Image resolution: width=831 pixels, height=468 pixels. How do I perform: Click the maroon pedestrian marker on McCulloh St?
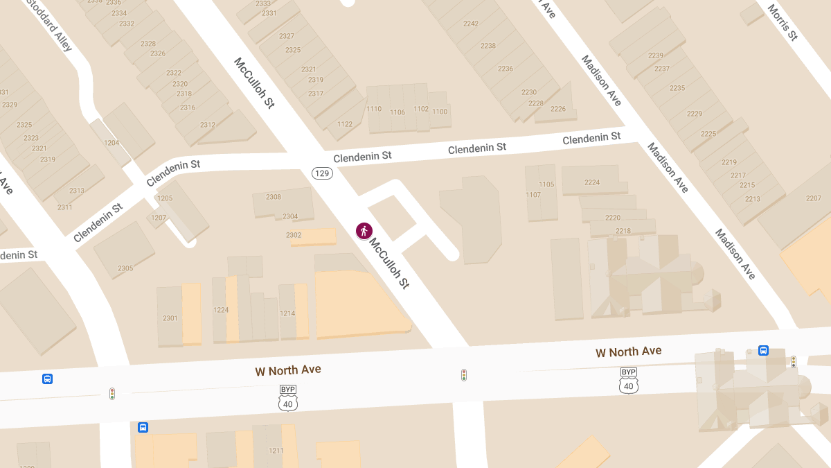[x=364, y=231]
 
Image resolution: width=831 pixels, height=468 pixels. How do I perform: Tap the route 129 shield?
[x=322, y=173]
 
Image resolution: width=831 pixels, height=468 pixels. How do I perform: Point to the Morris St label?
[x=782, y=20]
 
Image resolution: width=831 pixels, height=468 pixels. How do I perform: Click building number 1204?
[x=111, y=143]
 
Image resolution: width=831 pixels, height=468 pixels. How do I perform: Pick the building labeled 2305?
[x=125, y=268]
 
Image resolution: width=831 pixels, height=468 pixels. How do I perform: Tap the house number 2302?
[x=294, y=235]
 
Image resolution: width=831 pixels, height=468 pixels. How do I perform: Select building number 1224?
[x=221, y=310]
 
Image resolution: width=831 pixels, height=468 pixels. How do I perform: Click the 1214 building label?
[x=287, y=313]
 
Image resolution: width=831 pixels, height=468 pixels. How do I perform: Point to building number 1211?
[x=276, y=451]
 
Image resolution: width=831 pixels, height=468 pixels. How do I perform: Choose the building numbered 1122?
[x=345, y=124]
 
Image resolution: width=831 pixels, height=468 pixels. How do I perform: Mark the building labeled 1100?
[x=440, y=112]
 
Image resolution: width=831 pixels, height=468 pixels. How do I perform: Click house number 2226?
[x=558, y=109]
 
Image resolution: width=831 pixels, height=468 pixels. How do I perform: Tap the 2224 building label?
[x=592, y=182]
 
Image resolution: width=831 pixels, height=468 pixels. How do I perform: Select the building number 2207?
[x=813, y=198]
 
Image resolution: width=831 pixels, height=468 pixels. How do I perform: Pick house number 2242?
[x=471, y=24]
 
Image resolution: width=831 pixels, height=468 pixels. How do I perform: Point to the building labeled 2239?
[x=655, y=55]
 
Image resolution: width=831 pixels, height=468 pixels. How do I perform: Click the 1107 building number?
[x=533, y=195]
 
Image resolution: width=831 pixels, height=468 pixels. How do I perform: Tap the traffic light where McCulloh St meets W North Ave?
[x=464, y=375]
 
